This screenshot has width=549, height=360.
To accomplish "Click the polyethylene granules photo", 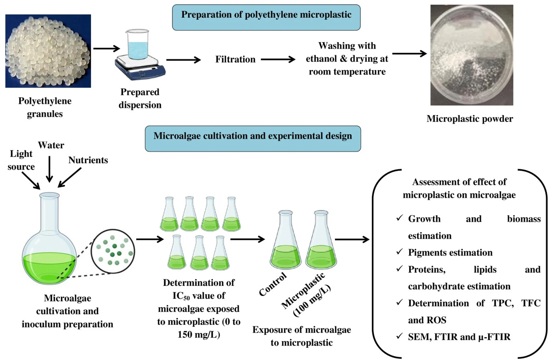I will (x=48, y=51).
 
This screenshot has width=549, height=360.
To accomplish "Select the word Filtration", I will (x=235, y=59).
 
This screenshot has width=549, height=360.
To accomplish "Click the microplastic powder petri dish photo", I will (x=472, y=55).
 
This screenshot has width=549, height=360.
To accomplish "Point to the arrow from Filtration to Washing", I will (x=278, y=59).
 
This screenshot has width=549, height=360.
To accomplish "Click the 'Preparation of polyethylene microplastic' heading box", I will (x=266, y=17).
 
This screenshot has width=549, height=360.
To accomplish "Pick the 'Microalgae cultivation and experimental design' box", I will (x=253, y=139).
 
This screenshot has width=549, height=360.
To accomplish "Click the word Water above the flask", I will (x=51, y=145).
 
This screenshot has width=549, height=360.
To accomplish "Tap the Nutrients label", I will (x=88, y=160).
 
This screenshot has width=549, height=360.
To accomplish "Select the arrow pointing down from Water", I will (x=49, y=169).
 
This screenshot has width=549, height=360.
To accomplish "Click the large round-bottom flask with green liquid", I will (x=49, y=246).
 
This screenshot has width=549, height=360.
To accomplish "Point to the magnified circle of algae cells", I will (x=113, y=251).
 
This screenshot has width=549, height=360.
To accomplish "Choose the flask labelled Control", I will (x=286, y=241).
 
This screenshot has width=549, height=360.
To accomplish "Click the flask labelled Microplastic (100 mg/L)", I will (x=321, y=241).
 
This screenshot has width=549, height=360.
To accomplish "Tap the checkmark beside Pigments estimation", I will (x=399, y=251).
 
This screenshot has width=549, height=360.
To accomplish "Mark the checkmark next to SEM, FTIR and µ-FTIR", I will (x=399, y=336).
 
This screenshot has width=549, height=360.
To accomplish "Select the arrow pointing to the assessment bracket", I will (x=352, y=239).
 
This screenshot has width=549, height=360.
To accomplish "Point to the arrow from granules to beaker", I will (x=107, y=49).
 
